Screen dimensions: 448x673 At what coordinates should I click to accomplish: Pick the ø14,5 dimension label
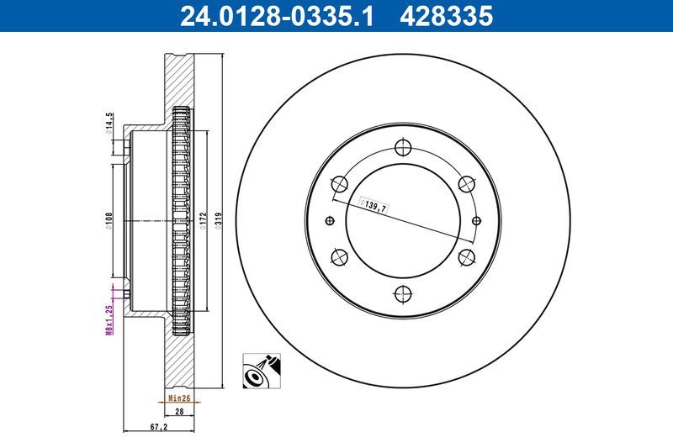(x=109, y=124)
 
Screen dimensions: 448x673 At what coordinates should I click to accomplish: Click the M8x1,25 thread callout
(x=109, y=320)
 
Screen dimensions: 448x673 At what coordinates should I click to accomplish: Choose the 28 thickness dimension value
(x=179, y=412)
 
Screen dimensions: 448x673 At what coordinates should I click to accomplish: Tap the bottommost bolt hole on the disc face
(x=402, y=293)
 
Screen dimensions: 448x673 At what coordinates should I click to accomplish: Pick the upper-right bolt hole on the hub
(x=465, y=183)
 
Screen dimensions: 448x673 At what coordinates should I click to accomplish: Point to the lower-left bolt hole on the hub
(x=339, y=257)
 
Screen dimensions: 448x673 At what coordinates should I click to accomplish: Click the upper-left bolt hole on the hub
(x=339, y=183)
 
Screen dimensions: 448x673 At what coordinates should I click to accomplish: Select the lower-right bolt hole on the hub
(x=465, y=257)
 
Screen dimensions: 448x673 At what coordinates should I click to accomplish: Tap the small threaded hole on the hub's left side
(x=328, y=220)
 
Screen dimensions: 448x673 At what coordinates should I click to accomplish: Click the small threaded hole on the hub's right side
(x=476, y=220)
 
